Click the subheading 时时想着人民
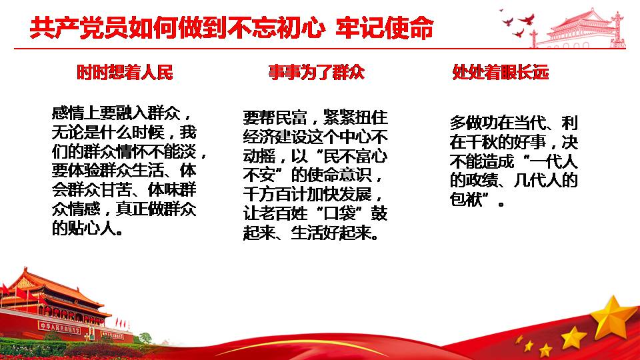(125, 72)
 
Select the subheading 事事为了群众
(316, 72)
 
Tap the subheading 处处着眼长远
(501, 72)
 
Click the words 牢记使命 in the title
(385, 28)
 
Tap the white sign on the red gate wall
(59, 327)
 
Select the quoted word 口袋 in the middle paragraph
(339, 213)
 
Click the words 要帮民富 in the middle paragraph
(275, 117)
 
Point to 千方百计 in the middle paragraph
(275, 194)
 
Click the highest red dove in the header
(526, 19)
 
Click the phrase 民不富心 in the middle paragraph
(355, 156)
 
